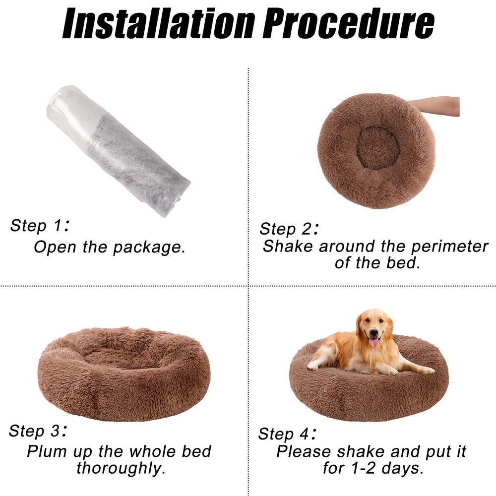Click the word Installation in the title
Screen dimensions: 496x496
click(159, 23)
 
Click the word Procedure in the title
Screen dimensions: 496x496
click(349, 23)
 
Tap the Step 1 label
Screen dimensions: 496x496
click(40, 226)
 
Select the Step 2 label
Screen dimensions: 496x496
click(289, 228)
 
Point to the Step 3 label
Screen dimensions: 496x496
click(38, 431)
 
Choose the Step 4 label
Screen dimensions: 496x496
click(287, 434)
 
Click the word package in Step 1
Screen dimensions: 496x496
click(149, 248)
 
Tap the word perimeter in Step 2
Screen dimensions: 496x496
click(449, 246)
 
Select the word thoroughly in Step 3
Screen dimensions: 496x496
click(121, 468)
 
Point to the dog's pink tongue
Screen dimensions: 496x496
click(373, 342)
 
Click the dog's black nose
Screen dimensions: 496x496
click(374, 332)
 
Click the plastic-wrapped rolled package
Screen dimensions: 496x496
click(119, 151)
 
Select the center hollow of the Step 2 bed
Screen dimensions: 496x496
click(377, 148)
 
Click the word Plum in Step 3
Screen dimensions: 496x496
click(47, 452)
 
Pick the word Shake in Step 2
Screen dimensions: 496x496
click(288, 246)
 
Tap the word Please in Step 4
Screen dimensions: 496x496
click(304, 452)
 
